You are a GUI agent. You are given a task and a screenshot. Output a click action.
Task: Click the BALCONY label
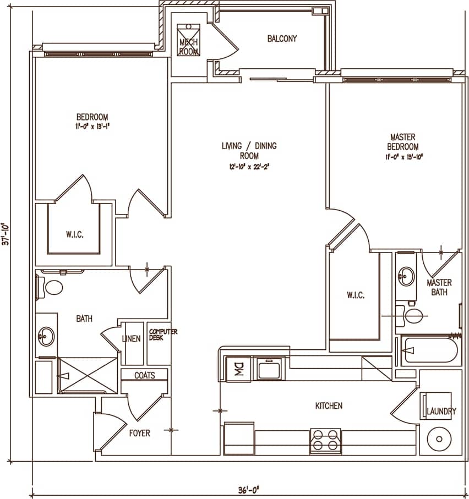pos(282,39)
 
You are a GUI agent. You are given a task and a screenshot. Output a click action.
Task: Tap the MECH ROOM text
pos(189,46)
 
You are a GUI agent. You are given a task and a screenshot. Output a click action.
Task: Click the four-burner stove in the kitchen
pos(325,441)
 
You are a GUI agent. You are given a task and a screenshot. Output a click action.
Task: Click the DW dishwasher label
pos(238,368)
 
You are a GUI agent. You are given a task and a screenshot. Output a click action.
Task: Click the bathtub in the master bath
pos(429,350)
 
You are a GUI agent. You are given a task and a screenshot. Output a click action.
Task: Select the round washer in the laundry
pos(438,438)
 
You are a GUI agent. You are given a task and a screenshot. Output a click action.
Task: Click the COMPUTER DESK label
pos(163,335)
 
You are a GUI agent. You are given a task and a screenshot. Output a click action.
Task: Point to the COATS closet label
pos(145,375)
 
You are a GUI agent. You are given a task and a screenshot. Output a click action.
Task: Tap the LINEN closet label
pos(131,339)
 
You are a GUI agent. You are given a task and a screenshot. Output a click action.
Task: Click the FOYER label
pos(139,433)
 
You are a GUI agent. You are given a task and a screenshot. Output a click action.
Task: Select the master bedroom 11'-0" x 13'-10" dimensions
pos(403,157)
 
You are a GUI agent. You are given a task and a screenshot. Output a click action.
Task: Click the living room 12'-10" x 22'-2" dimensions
pos(249,166)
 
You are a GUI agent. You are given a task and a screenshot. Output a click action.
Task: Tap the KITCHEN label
pos(329,406)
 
